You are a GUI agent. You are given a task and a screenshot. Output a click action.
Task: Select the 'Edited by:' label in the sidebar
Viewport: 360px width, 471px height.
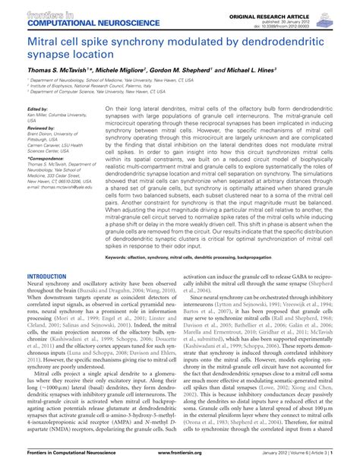point(36,109)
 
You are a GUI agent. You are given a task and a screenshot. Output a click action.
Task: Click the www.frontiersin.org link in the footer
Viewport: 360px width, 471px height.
point(180,461)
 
